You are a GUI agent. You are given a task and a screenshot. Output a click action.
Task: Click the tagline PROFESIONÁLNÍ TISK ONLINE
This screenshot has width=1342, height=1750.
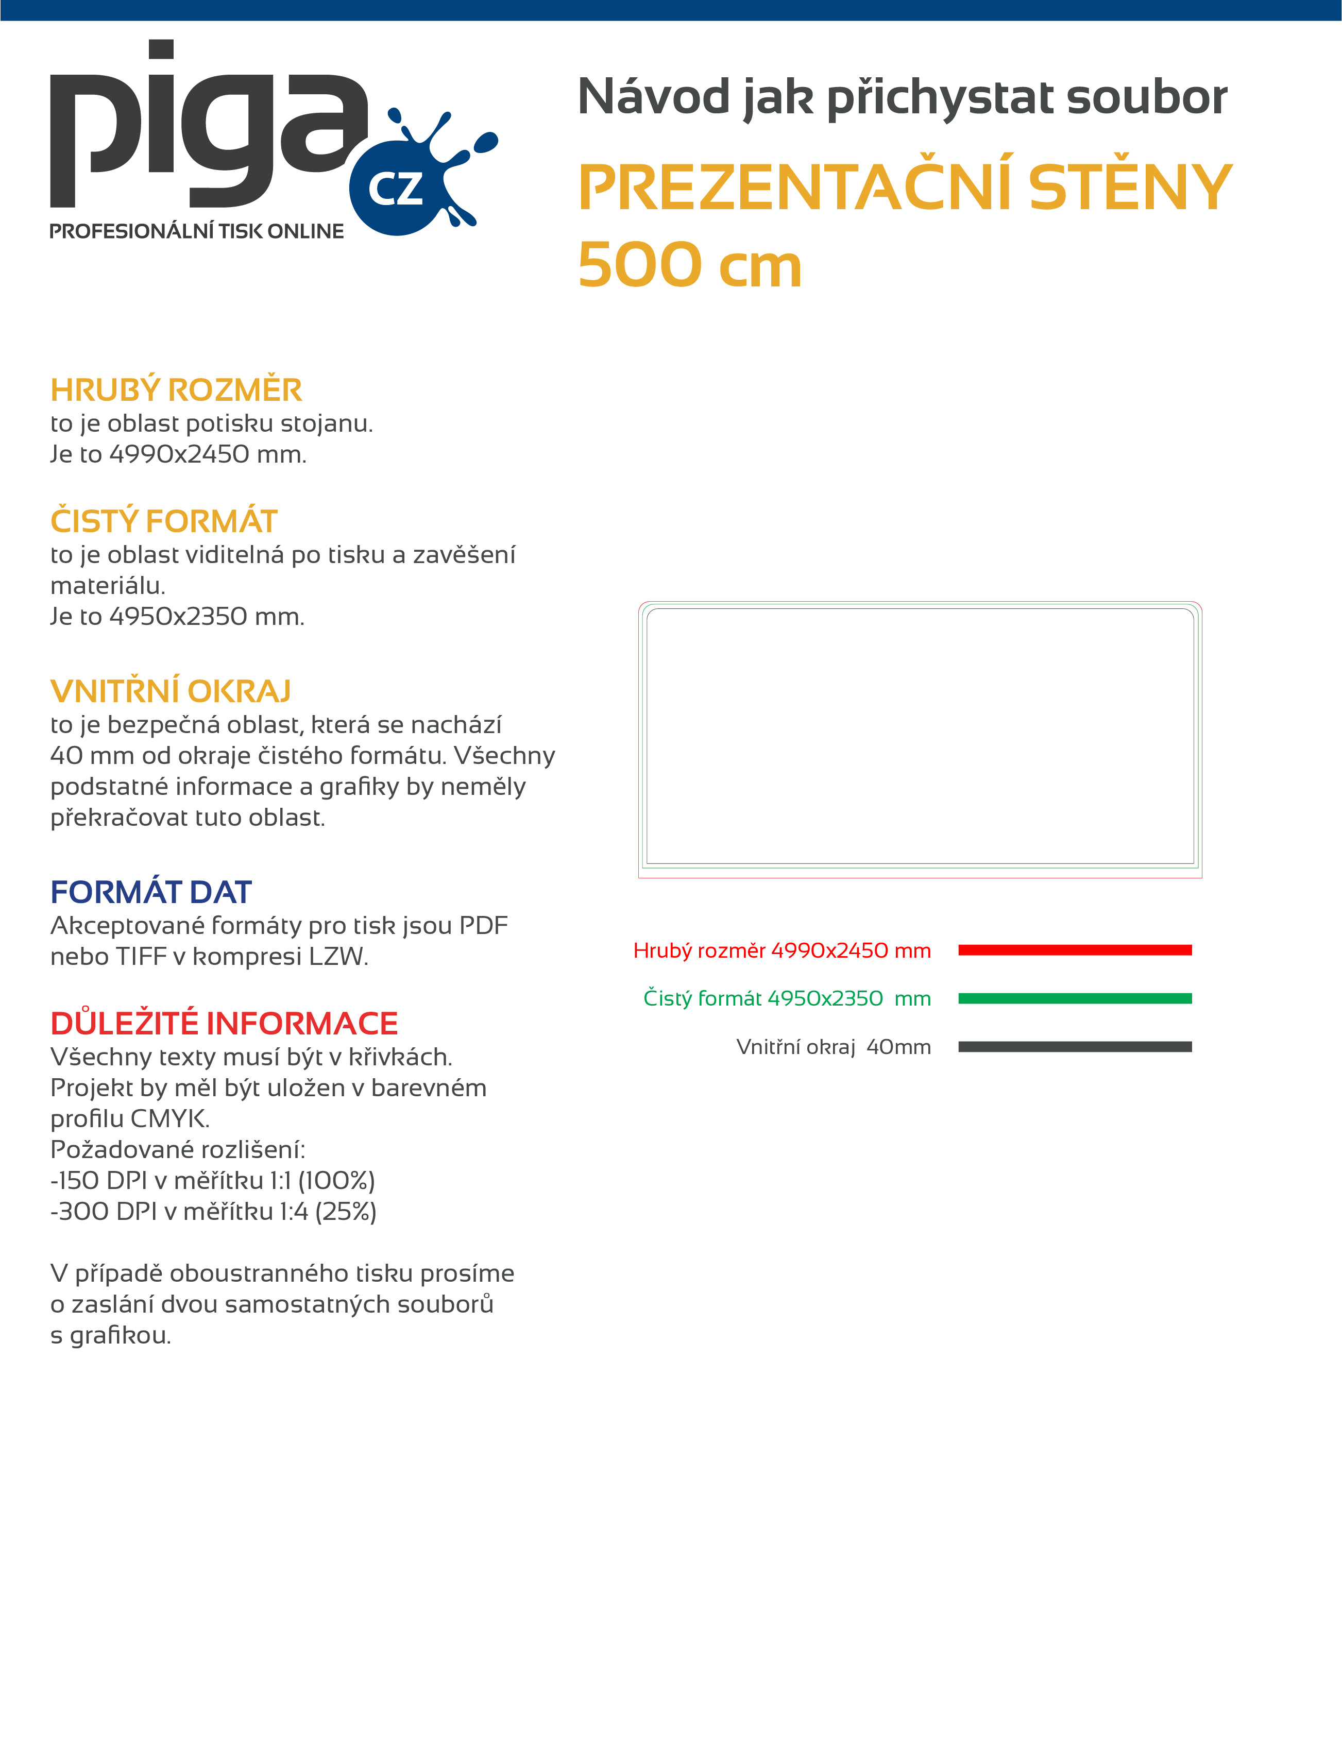pos(196,232)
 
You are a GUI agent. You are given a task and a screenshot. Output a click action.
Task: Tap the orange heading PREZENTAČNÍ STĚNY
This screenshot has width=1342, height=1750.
pos(904,188)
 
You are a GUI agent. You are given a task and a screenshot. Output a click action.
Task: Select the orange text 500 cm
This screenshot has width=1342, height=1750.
pos(689,265)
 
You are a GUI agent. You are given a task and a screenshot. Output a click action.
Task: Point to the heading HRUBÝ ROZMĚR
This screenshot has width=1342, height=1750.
pos(176,390)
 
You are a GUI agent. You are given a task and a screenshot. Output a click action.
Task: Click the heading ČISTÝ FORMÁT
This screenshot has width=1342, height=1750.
pos(164,521)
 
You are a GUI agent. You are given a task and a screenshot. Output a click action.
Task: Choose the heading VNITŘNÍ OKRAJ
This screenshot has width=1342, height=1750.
pos(170,691)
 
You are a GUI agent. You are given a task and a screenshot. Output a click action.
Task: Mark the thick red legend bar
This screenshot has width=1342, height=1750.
pos(1075,949)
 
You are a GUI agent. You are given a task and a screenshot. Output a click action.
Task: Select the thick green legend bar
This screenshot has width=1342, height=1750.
pos(1075,998)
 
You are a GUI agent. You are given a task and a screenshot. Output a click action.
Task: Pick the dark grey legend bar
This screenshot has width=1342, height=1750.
pos(1075,1046)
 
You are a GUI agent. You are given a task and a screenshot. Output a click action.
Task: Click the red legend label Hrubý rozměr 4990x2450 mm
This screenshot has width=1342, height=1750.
pos(781,950)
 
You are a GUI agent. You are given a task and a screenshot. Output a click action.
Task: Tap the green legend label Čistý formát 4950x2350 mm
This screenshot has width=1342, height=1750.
pos(787,998)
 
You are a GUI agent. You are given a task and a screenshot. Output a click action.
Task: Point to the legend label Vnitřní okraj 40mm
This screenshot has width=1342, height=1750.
pos(833,1046)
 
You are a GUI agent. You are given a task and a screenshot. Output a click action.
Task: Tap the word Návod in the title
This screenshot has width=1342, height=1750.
pos(653,97)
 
